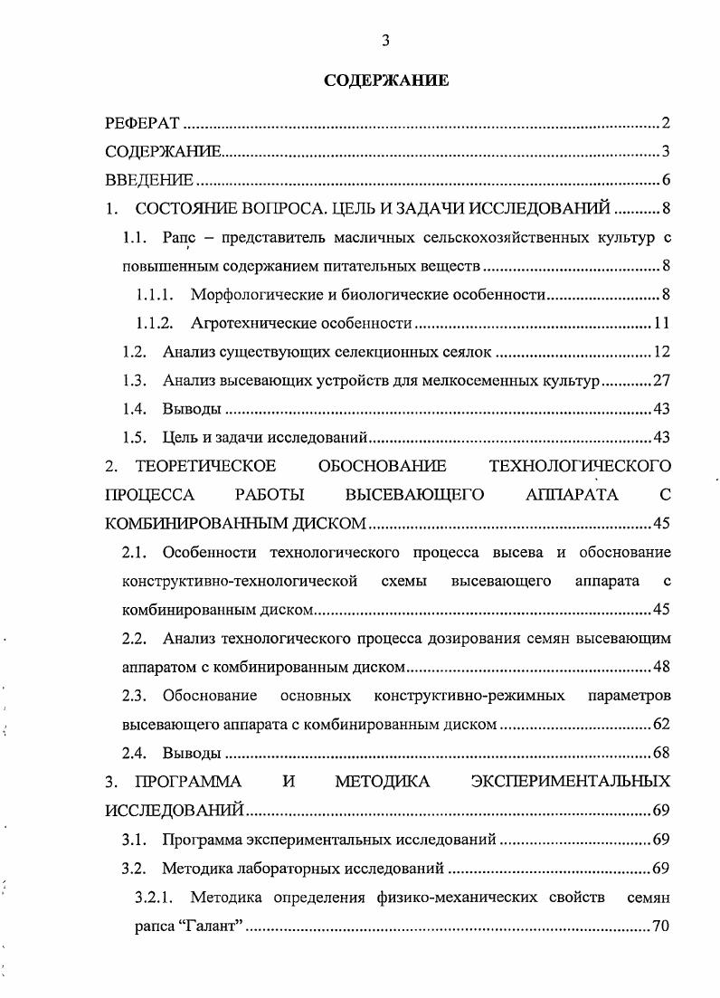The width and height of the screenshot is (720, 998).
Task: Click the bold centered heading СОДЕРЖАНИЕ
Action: coord(386,81)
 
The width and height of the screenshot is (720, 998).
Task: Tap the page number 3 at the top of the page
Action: coord(385,40)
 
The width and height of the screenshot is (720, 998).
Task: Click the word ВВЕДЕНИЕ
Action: coord(148,181)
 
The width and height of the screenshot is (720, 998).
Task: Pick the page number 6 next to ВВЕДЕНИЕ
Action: coord(664,181)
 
